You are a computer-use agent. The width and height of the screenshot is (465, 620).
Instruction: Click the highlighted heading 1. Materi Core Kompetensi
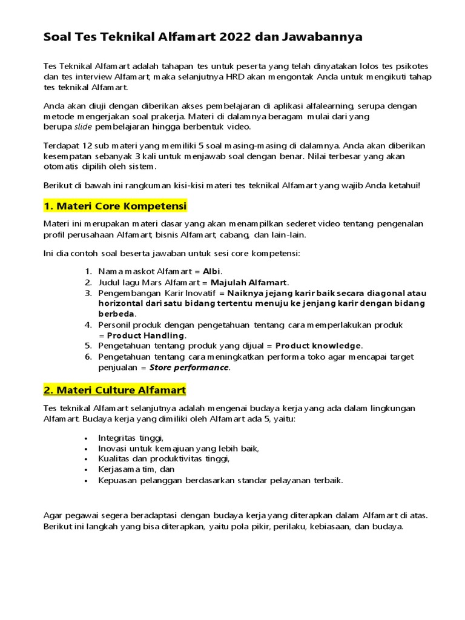tap(115, 206)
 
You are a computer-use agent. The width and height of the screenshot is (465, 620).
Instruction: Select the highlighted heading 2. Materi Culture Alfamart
tap(115, 389)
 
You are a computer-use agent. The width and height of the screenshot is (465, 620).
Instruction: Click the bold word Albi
tap(212, 271)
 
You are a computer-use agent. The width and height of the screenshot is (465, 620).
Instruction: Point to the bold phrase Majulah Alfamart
tap(249, 282)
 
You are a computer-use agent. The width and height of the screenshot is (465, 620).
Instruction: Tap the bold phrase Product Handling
tap(146, 335)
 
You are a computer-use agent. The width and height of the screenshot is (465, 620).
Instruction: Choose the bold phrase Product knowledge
tap(318, 346)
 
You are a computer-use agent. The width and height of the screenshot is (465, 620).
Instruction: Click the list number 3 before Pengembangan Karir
tap(88, 293)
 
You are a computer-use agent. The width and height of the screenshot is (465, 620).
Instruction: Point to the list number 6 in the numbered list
tap(88, 357)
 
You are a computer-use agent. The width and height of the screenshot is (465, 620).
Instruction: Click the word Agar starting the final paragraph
tap(53, 516)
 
